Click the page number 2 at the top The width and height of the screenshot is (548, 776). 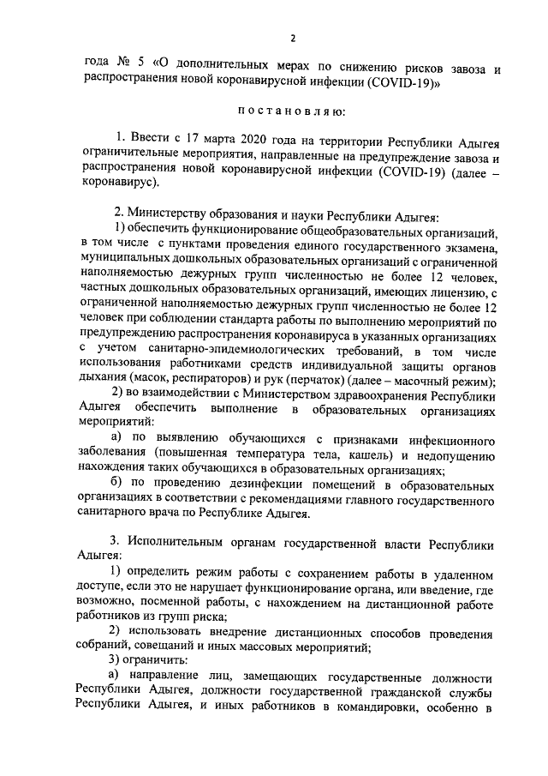pos(292,38)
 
